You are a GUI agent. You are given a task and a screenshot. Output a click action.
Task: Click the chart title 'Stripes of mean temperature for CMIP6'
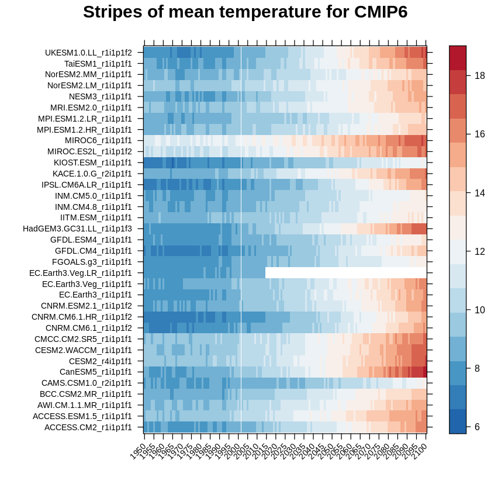(x=245, y=12)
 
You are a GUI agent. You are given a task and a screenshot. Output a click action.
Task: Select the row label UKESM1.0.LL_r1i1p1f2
(x=88, y=53)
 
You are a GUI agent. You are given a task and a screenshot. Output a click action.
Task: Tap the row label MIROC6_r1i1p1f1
(x=98, y=140)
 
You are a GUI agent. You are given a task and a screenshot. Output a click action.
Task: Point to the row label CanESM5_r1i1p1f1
(x=95, y=372)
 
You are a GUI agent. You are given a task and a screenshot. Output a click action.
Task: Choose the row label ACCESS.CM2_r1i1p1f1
(x=88, y=427)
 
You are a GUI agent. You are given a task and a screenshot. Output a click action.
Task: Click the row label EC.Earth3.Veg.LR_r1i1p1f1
(x=81, y=273)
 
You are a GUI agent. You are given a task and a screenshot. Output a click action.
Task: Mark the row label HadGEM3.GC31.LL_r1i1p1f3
(x=77, y=229)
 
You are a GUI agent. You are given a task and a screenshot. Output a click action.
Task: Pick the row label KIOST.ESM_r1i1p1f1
(x=92, y=162)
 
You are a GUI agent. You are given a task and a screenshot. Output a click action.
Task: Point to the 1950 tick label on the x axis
(x=138, y=451)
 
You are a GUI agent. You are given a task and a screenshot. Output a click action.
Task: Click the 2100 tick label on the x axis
(x=419, y=451)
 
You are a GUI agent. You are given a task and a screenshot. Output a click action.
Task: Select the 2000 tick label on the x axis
(x=232, y=451)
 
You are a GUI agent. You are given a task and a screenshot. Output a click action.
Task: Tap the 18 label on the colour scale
(x=480, y=75)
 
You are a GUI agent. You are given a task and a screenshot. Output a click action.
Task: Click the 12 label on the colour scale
(x=480, y=251)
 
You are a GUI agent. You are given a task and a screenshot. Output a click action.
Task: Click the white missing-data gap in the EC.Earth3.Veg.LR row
(x=345, y=273)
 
